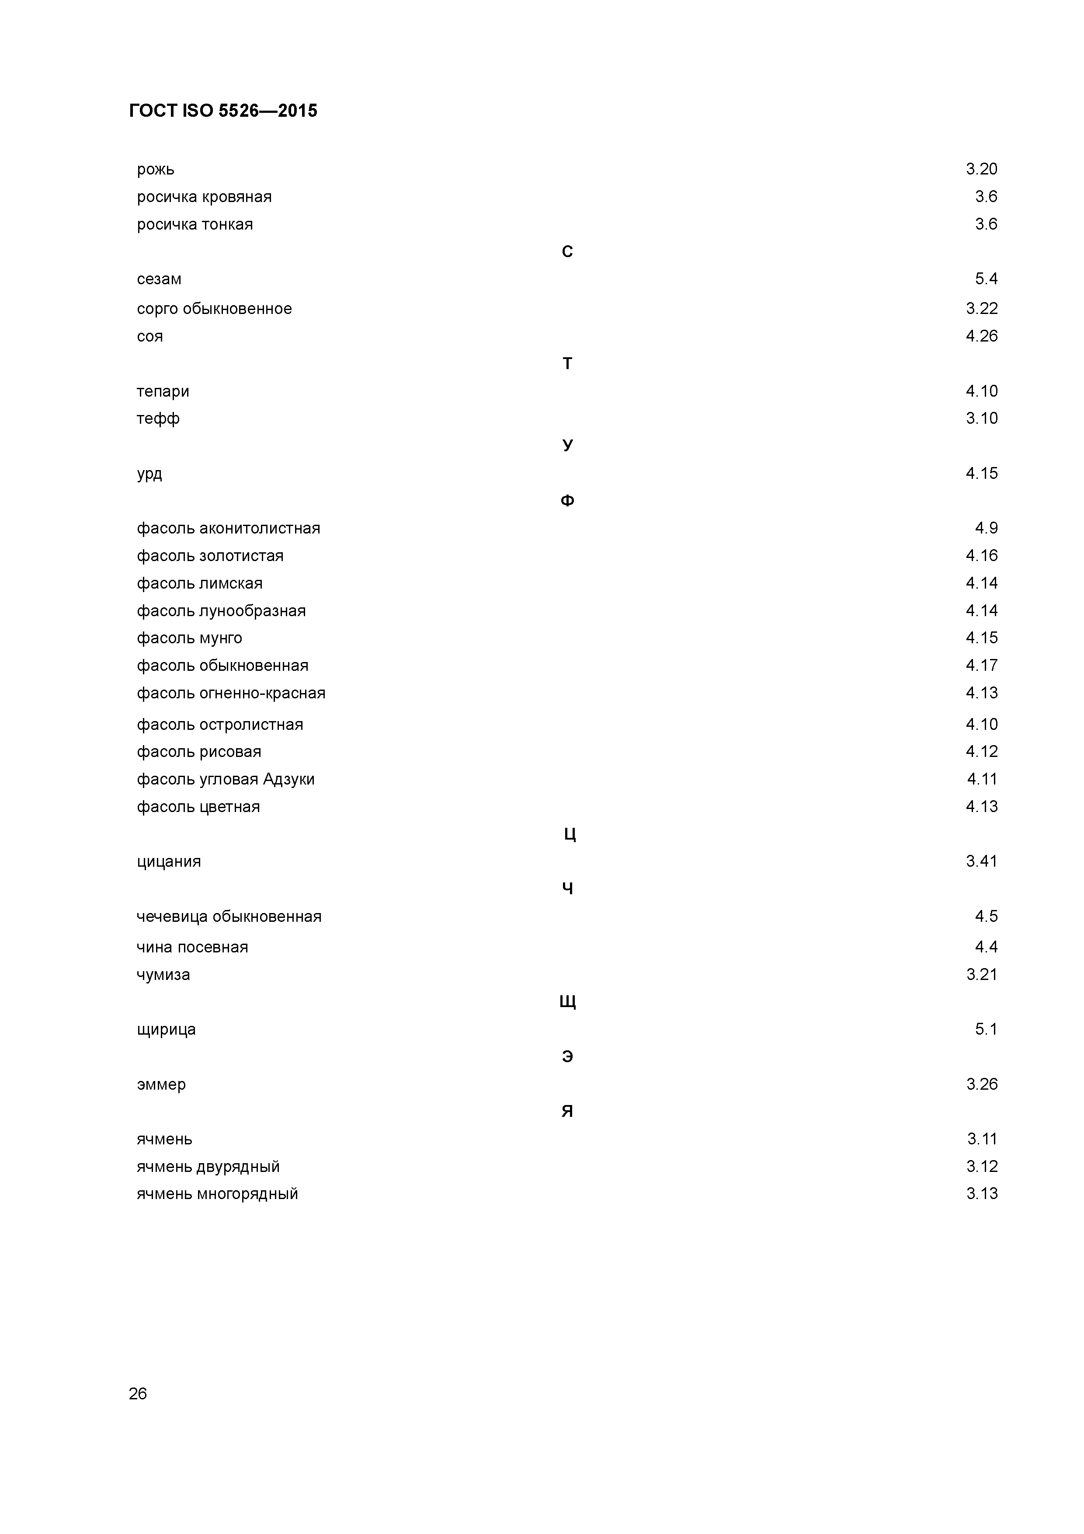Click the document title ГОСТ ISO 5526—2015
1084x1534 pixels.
(223, 111)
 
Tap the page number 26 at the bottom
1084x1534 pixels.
(138, 1393)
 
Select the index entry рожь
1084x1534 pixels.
(156, 170)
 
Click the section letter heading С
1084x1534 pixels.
(567, 252)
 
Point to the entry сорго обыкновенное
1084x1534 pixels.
(214, 309)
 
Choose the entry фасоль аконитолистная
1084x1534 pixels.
(229, 529)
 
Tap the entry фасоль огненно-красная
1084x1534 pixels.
(231, 693)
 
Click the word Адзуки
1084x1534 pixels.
(288, 779)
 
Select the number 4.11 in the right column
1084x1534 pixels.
(982, 779)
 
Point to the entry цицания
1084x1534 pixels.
(169, 861)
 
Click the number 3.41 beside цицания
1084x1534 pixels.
(981, 861)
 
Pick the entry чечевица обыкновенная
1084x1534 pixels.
(229, 917)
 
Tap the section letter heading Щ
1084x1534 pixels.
(567, 1001)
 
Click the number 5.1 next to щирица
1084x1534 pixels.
(986, 1029)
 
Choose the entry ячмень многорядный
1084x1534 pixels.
(218, 1194)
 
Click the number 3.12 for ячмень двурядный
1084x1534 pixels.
(982, 1167)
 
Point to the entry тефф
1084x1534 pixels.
(158, 419)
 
